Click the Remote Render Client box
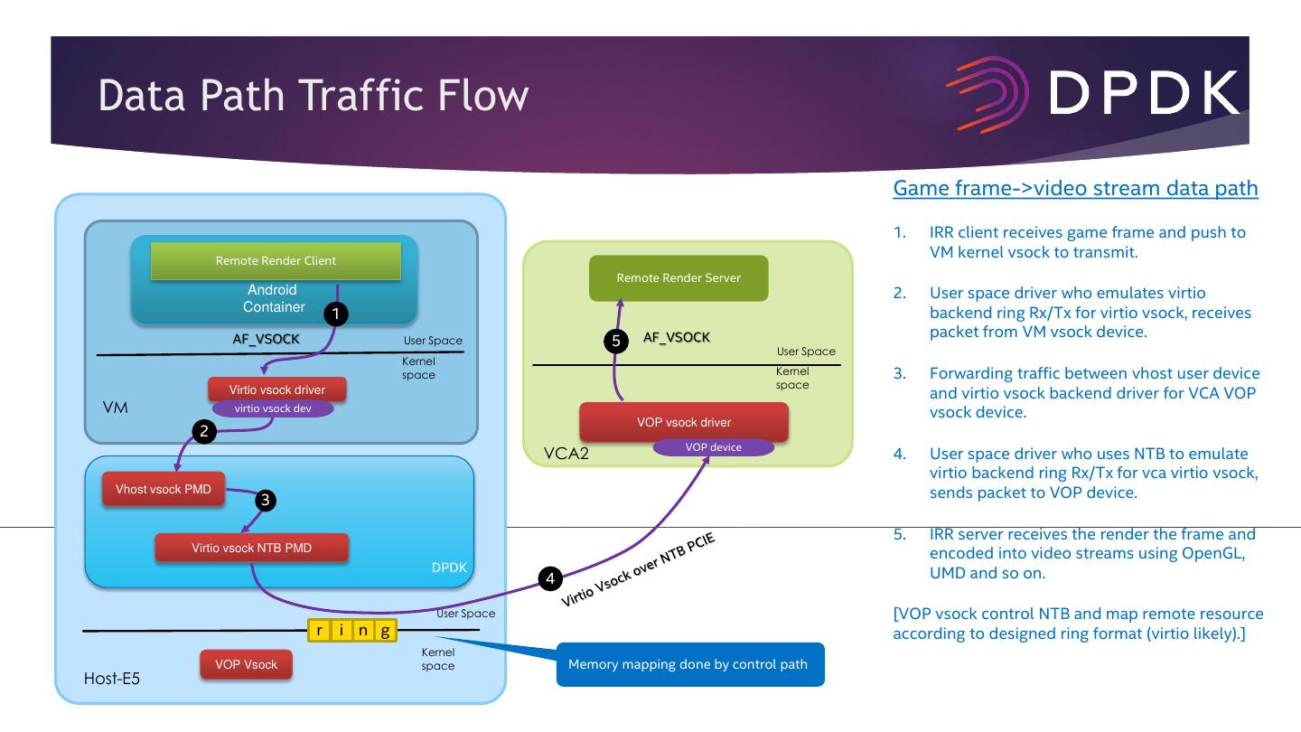pyautogui.click(x=275, y=261)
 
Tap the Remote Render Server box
pyautogui.click(x=678, y=278)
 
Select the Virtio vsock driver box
pyautogui.click(x=277, y=390)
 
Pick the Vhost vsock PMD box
pyautogui.click(x=164, y=490)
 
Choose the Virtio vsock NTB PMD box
pyautogui.click(x=251, y=548)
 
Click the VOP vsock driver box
pyautogui.click(x=683, y=422)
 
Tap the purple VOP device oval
pyautogui.click(x=714, y=447)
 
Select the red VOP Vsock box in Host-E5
pyautogui.click(x=246, y=665)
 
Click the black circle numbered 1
pyautogui.click(x=335, y=314)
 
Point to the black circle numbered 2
pyautogui.click(x=204, y=431)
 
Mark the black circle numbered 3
pyautogui.click(x=265, y=500)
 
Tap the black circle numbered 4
pyautogui.click(x=550, y=578)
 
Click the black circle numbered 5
pyautogui.click(x=616, y=342)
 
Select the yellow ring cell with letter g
pyautogui.click(x=386, y=631)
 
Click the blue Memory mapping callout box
pyautogui.click(x=690, y=664)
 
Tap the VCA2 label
pyautogui.click(x=566, y=453)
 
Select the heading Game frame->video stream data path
pyautogui.click(x=1075, y=189)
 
